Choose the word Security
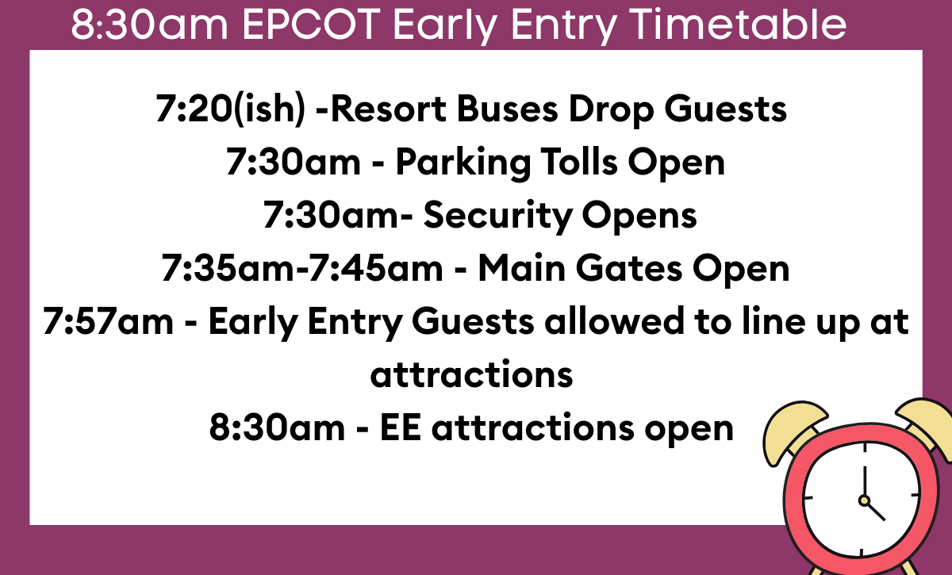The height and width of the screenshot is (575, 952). [498, 216]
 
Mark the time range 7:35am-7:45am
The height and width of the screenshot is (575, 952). [302, 269]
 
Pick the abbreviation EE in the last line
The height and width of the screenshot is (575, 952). [401, 428]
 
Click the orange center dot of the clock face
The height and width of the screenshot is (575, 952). [863, 500]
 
